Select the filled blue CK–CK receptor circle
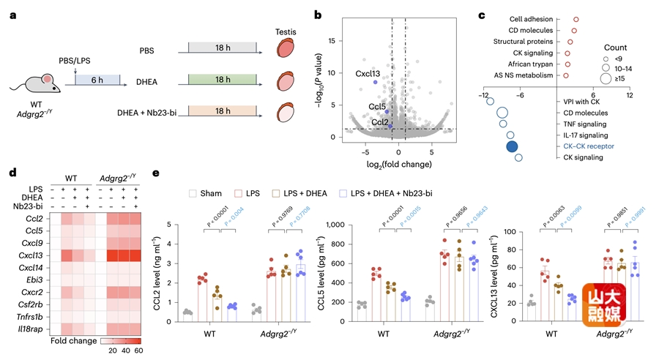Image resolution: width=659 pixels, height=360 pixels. pyautogui.click(x=513, y=146)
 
